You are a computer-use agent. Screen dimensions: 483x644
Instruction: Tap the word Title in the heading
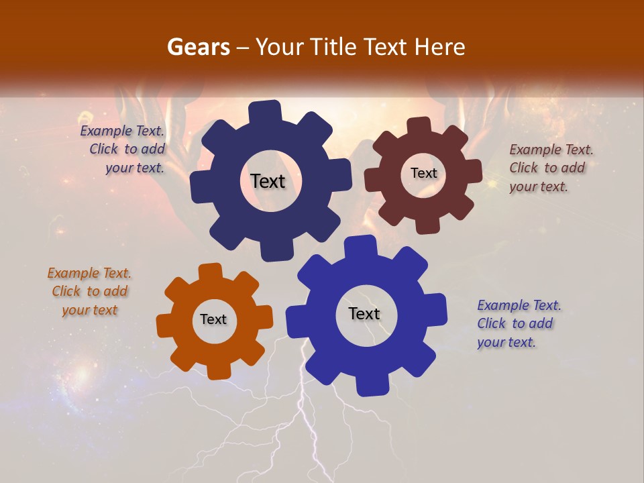click(332, 47)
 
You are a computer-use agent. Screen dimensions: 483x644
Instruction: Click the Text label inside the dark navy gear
click(268, 181)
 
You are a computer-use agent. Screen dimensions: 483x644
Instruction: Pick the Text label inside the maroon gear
click(423, 173)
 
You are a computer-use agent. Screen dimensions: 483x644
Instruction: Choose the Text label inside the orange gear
click(213, 319)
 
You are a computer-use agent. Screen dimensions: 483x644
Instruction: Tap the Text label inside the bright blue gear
click(364, 313)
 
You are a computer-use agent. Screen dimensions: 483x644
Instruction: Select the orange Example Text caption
click(89, 291)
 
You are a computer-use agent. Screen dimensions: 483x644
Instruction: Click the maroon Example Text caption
click(551, 168)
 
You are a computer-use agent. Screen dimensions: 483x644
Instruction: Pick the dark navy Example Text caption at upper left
click(123, 149)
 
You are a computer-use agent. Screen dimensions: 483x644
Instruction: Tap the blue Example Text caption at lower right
click(519, 323)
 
